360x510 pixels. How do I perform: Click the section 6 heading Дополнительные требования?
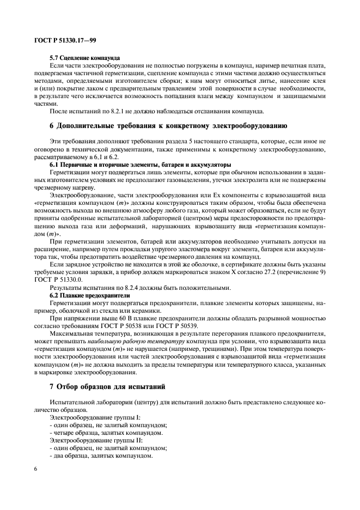click(x=164, y=125)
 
